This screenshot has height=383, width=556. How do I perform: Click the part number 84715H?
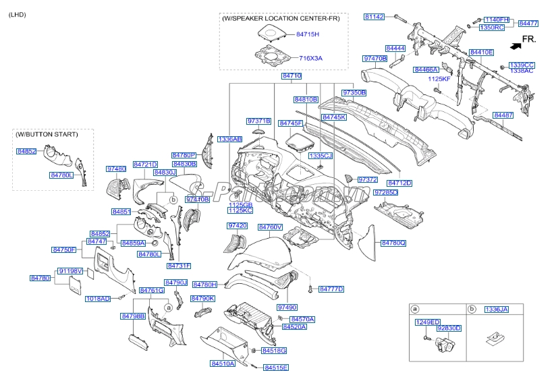click(308, 33)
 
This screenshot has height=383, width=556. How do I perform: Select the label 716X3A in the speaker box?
click(311, 59)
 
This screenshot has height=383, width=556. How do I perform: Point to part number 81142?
click(374, 16)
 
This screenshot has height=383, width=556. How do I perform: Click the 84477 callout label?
click(528, 24)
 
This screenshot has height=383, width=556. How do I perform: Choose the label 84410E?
click(482, 52)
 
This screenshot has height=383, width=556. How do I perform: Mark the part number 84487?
click(503, 115)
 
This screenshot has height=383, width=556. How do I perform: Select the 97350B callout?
click(354, 92)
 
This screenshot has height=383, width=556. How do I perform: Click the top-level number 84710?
click(291, 77)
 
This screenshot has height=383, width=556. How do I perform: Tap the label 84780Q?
click(393, 243)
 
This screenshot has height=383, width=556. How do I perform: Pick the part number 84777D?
click(331, 289)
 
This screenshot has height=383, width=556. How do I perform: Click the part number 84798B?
click(134, 316)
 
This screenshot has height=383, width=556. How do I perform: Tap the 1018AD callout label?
click(98, 298)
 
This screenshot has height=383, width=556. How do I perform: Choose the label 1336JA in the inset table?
click(497, 309)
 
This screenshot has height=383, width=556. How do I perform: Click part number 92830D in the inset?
click(449, 328)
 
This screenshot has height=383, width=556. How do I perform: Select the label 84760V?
click(270, 227)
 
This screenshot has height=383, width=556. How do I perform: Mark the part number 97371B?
click(258, 121)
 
